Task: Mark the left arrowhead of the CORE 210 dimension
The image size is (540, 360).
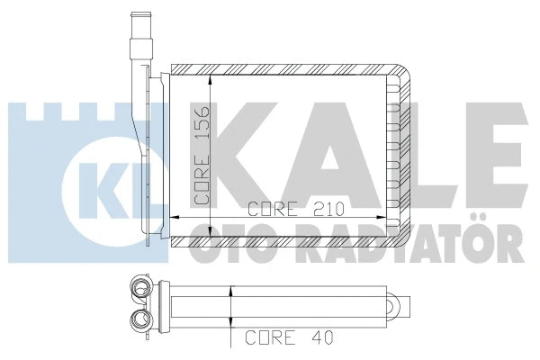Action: [174, 217]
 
